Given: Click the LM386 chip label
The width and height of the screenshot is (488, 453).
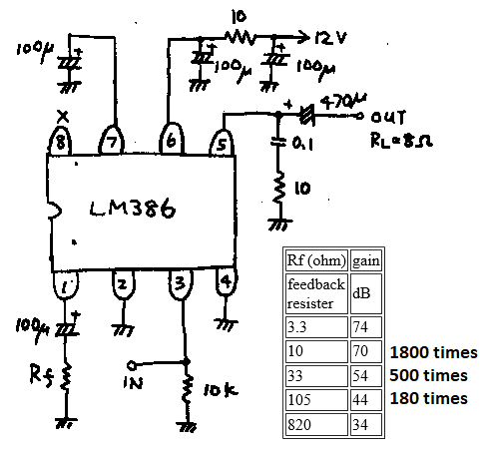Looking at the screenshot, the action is pyautogui.click(x=133, y=209).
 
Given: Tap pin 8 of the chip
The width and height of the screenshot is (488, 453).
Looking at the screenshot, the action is pyautogui.click(x=60, y=142).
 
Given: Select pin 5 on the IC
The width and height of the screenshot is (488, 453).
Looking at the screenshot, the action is pyautogui.click(x=222, y=143).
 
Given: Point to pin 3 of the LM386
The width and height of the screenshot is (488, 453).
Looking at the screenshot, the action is pyautogui.click(x=181, y=284).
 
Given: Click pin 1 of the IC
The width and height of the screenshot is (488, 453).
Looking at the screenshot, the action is pyautogui.click(x=65, y=285).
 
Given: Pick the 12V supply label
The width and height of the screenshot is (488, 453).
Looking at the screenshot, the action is pyautogui.click(x=330, y=38).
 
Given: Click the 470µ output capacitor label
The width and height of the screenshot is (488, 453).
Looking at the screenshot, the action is pyautogui.click(x=343, y=101).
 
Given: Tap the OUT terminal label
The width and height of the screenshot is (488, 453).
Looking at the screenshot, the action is pyautogui.click(x=388, y=117).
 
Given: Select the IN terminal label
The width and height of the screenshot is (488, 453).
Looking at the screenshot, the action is pyautogui.click(x=133, y=382).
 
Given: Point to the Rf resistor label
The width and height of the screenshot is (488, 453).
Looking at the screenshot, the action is pyautogui.click(x=41, y=375).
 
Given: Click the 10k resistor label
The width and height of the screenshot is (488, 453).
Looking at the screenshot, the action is pyautogui.click(x=221, y=390).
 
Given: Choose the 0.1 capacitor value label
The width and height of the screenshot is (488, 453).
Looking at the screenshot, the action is pyautogui.click(x=302, y=144).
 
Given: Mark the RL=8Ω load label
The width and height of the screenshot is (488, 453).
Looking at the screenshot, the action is pyautogui.click(x=401, y=140).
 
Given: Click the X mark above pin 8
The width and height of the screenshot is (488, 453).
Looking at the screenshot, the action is pyautogui.click(x=63, y=117).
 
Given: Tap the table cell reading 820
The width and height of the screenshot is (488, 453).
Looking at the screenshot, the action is pyautogui.click(x=316, y=424).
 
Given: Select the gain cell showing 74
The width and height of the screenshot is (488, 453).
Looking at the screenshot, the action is pyautogui.click(x=365, y=327).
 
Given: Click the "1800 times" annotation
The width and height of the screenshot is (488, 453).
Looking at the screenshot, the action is pyautogui.click(x=433, y=352).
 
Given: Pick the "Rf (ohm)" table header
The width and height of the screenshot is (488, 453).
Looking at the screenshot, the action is pyautogui.click(x=316, y=260).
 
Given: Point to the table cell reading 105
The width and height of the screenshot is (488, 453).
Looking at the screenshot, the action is pyautogui.click(x=316, y=400).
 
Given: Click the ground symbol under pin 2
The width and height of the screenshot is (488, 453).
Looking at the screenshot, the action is pyautogui.click(x=124, y=330).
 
